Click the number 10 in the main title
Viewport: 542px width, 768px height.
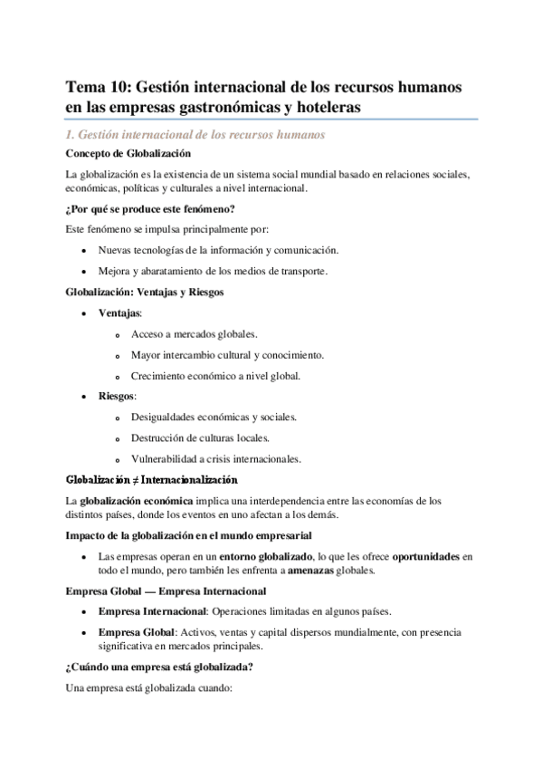pyautogui.click(x=119, y=87)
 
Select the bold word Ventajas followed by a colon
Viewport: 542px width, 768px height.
pyautogui.click(x=119, y=312)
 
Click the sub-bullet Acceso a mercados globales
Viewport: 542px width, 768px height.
pyautogui.click(x=194, y=333)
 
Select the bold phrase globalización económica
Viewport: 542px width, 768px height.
pyautogui.click(x=136, y=500)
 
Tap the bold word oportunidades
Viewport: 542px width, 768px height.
pyautogui.click(x=414, y=555)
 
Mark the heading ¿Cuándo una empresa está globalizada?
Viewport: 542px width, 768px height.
pyautogui.click(x=159, y=667)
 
